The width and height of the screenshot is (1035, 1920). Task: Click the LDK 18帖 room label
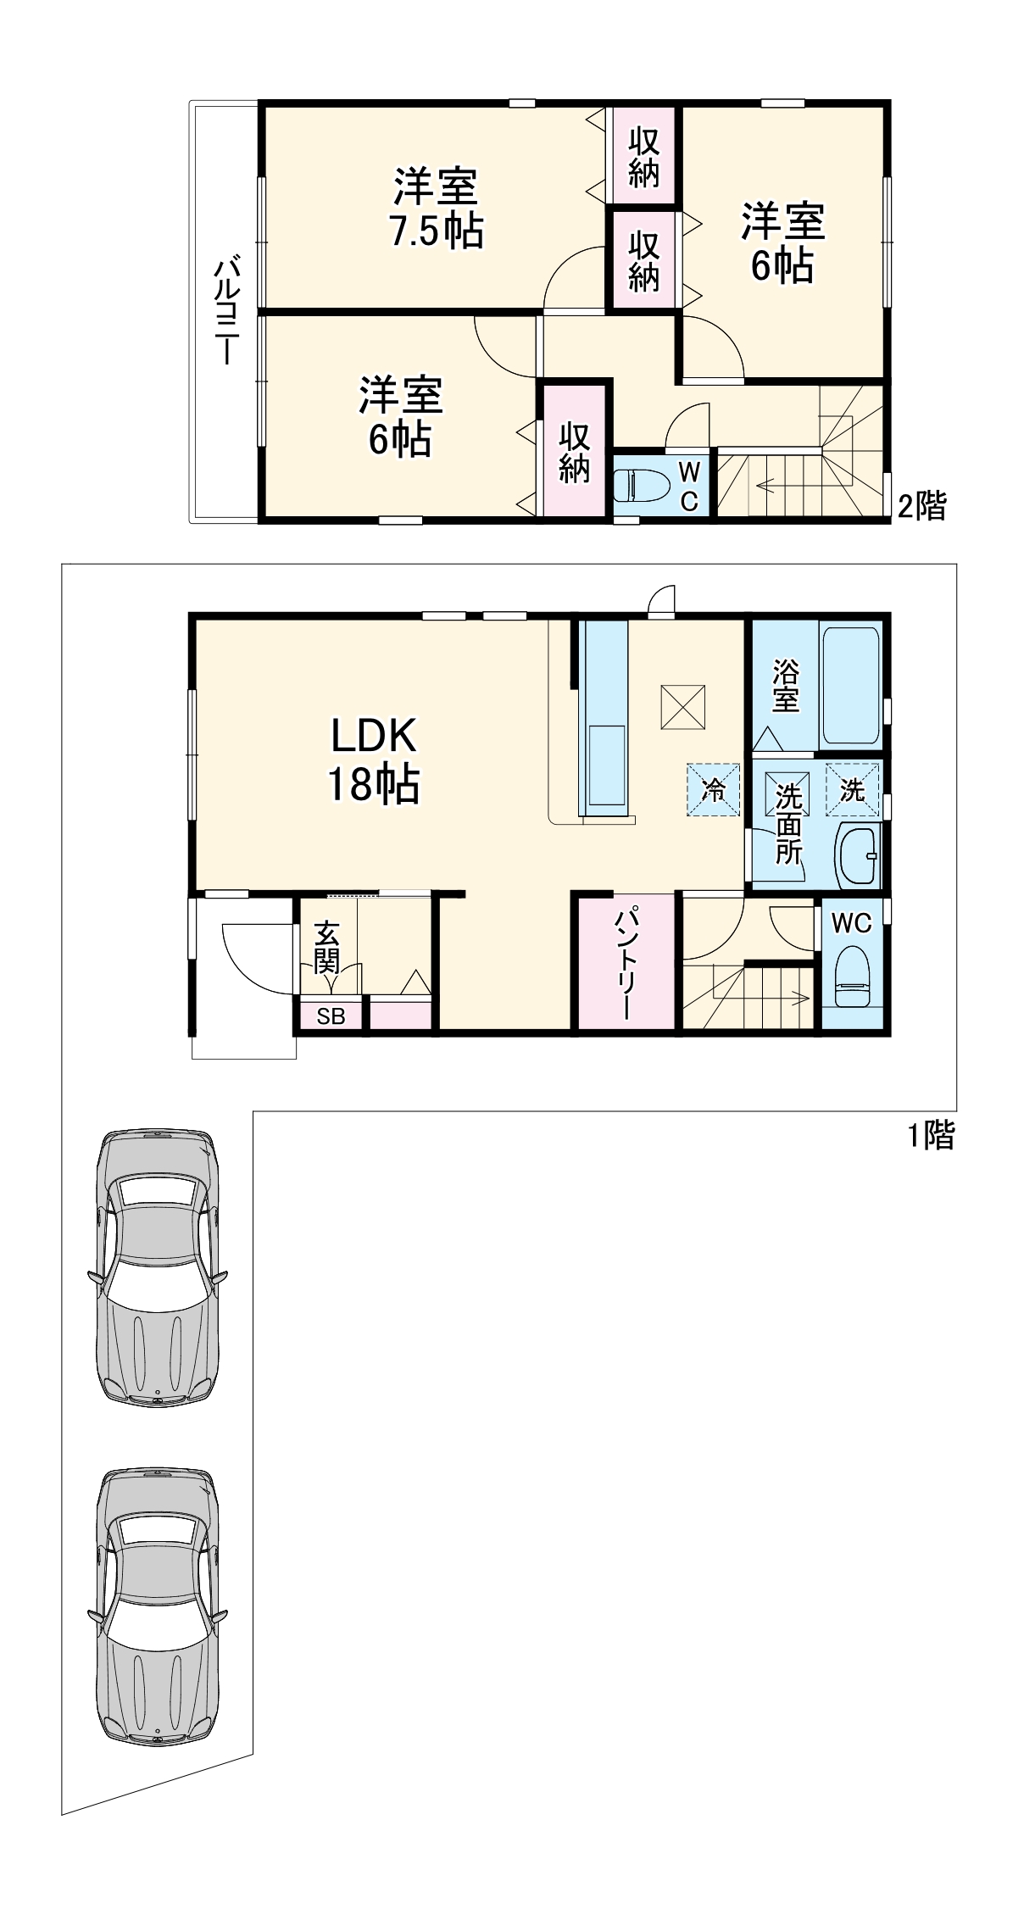(x=374, y=760)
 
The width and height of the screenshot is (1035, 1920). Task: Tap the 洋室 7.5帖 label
(x=436, y=208)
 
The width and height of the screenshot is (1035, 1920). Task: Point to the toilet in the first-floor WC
(x=852, y=976)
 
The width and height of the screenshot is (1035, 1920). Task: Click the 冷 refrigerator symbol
(x=714, y=790)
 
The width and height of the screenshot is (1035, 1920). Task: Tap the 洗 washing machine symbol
(x=853, y=790)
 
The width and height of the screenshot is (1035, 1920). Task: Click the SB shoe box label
(x=331, y=1016)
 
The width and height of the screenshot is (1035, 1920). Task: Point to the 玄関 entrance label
(x=327, y=948)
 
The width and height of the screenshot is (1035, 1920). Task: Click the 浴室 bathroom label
(x=786, y=687)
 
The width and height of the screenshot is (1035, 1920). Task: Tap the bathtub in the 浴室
(x=852, y=685)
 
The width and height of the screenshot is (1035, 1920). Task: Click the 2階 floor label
(x=922, y=506)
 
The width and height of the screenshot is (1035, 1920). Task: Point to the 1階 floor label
(x=932, y=1136)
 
